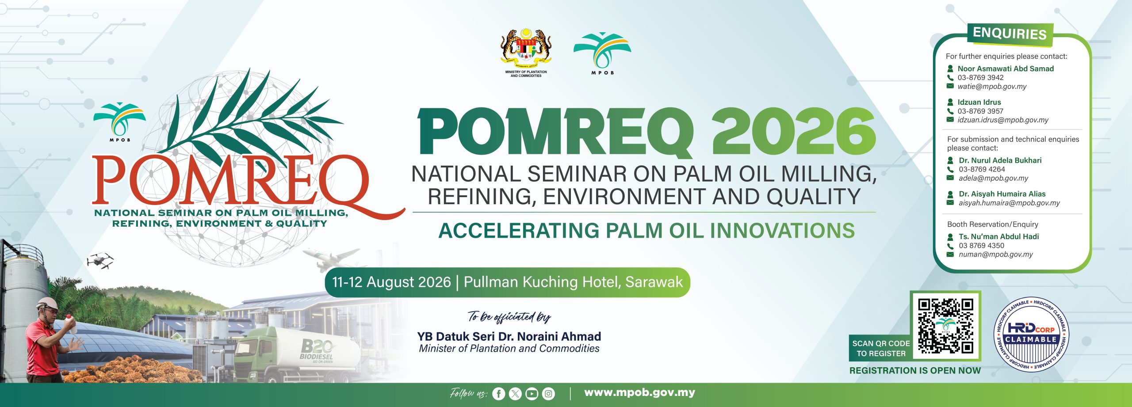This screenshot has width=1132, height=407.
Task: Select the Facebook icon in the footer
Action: point(498,393)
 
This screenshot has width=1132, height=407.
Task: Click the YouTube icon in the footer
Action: point(532,393)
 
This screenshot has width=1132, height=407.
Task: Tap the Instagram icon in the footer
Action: point(548,393)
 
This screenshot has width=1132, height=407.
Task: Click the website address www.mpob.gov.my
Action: point(639,392)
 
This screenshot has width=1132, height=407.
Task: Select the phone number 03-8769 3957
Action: point(980,111)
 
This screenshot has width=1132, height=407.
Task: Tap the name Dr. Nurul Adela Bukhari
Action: point(1000,160)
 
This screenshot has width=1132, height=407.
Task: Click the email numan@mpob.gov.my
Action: point(995,255)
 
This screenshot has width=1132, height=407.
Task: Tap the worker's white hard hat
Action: point(47,303)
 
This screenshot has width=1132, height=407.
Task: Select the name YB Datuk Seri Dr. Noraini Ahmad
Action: point(509,337)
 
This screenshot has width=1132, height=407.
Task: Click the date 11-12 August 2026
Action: point(391,282)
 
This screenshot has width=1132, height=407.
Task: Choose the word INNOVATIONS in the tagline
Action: point(782,231)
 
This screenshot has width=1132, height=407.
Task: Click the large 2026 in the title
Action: point(793,131)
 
